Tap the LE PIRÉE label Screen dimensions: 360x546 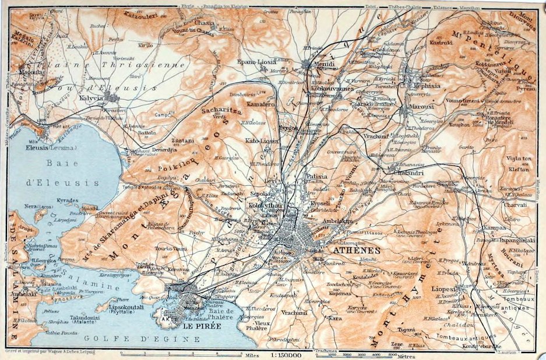coord(196,327)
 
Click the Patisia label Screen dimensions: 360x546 coord(317,176)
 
